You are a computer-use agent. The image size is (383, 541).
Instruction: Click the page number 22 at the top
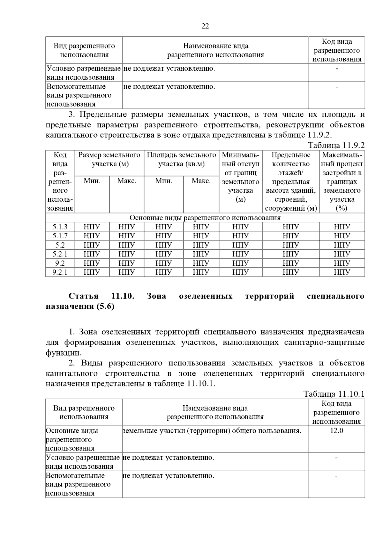coord(205,26)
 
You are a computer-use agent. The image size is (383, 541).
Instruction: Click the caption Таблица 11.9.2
coord(336,145)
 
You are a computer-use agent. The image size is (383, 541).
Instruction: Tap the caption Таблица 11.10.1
coord(334,394)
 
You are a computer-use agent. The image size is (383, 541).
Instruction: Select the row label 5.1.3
coord(60,227)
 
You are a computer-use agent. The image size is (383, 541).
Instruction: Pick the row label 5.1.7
coord(60,236)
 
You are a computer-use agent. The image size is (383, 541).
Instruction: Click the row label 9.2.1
coord(60,272)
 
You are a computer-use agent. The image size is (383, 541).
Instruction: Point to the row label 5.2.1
coord(60,254)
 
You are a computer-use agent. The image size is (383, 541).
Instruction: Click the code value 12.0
coord(336,431)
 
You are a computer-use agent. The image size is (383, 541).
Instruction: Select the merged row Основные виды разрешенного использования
coord(205,218)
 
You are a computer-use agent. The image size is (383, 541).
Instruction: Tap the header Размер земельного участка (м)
coord(109,160)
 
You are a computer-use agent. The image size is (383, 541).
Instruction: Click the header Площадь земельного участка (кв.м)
coord(181,160)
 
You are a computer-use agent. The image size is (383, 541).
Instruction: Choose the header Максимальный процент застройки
coord(342,181)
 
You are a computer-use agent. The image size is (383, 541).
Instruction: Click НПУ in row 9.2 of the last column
coord(342,263)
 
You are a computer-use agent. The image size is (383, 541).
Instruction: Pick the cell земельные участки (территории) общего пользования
coord(212,431)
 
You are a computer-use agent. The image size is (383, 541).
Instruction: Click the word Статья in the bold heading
coord(84,296)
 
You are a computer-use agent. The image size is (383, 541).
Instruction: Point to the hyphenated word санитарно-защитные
coord(324,343)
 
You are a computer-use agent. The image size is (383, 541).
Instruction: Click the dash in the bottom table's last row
coord(336,476)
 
